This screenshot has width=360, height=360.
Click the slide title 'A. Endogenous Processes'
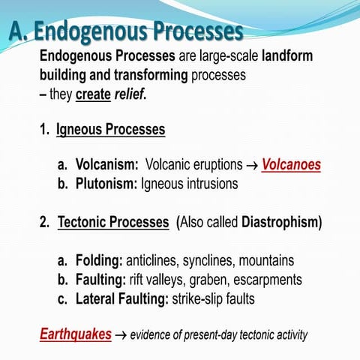(127, 32)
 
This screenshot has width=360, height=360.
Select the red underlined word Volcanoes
(291, 164)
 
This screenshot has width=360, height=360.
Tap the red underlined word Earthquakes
(75, 334)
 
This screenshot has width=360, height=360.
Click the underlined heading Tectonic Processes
(113, 223)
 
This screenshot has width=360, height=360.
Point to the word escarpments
(274, 280)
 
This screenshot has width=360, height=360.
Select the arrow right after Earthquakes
(121, 334)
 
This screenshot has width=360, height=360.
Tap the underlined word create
(93, 95)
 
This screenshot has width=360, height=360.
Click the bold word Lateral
(97, 298)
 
